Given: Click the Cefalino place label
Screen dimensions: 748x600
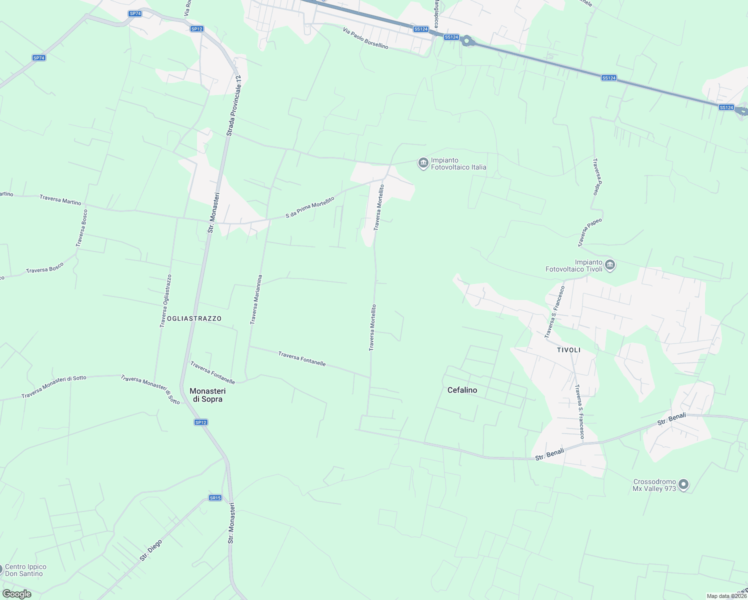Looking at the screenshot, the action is pyautogui.click(x=462, y=390).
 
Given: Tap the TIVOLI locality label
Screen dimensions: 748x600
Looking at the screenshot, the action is pyautogui.click(x=568, y=350).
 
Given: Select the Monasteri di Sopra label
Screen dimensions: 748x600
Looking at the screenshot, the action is pyautogui.click(x=207, y=395).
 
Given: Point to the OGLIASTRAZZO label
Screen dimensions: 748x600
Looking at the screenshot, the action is pyautogui.click(x=194, y=318).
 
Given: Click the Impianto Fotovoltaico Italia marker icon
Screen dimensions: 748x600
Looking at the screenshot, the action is pyautogui.click(x=423, y=162).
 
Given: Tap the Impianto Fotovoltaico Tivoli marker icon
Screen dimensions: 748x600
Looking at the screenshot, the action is pyautogui.click(x=609, y=265).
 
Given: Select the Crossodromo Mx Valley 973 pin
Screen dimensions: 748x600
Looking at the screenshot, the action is pyautogui.click(x=683, y=484).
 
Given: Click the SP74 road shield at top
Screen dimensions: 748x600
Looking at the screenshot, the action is pyautogui.click(x=135, y=13).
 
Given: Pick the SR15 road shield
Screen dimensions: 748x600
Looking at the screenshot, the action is pyautogui.click(x=215, y=498).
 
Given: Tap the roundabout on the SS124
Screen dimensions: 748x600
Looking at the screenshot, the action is pyautogui.click(x=467, y=41).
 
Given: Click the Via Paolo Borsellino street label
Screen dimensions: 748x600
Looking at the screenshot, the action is pyautogui.click(x=365, y=38).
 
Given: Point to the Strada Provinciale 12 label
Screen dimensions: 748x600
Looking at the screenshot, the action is pyautogui.click(x=233, y=105).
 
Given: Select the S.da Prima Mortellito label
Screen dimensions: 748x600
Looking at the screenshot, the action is pyautogui.click(x=310, y=207).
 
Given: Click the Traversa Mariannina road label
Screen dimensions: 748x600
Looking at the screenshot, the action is pyautogui.click(x=256, y=299).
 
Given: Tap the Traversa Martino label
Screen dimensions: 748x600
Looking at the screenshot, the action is pyautogui.click(x=60, y=199).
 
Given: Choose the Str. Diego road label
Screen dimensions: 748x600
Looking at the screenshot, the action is pyautogui.click(x=151, y=550).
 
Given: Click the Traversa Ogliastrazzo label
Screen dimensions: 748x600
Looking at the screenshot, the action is pyautogui.click(x=165, y=301).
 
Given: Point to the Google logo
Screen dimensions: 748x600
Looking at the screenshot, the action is pyautogui.click(x=17, y=594).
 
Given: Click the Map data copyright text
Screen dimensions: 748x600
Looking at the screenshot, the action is pyautogui.click(x=726, y=596).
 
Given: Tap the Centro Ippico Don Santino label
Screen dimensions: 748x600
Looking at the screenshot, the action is pyautogui.click(x=25, y=570).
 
